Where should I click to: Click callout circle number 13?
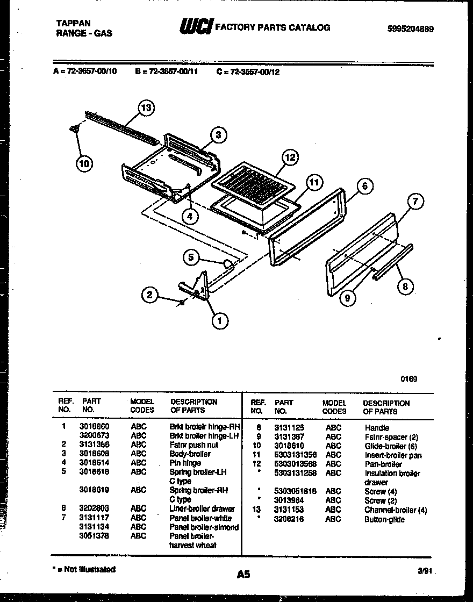[x=145, y=108]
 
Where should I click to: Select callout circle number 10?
[x=84, y=164]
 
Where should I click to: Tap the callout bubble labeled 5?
[x=190, y=257]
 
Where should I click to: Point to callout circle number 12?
[x=290, y=157]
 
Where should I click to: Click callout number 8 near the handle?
[x=405, y=286]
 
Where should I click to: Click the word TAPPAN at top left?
[x=74, y=23]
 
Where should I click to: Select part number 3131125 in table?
[x=289, y=427]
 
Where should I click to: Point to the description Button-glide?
[x=384, y=519]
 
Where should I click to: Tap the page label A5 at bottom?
[x=243, y=574]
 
